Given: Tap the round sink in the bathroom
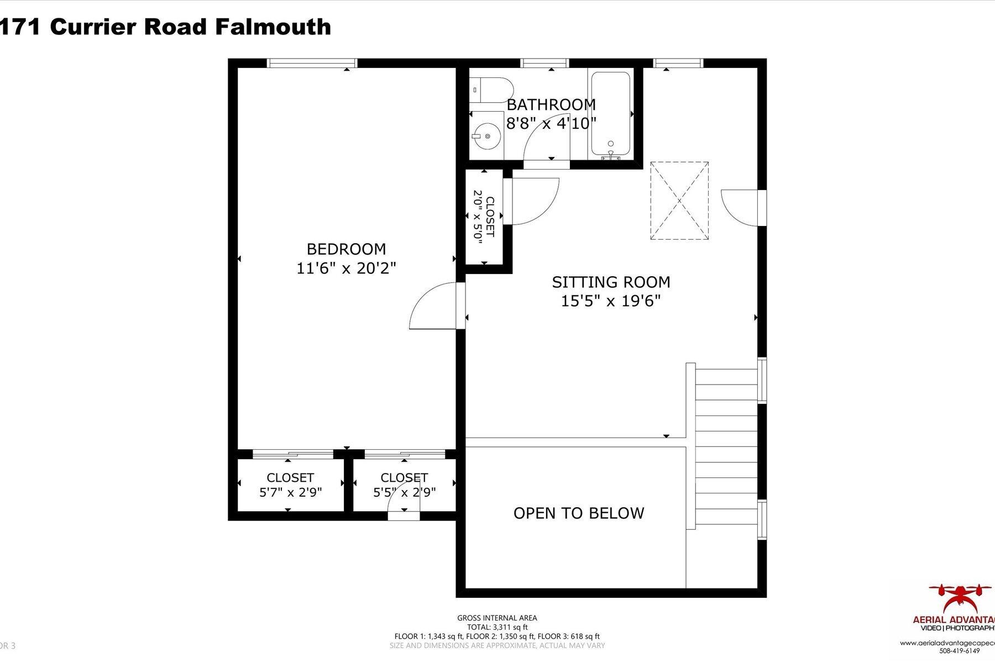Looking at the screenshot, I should pyautogui.click(x=486, y=134).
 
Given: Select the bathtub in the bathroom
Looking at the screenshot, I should pyautogui.click(x=610, y=113).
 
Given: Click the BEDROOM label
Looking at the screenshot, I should pyautogui.click(x=346, y=249).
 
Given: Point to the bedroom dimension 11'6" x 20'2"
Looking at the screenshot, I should pyautogui.click(x=346, y=269).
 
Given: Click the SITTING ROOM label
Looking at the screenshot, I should pyautogui.click(x=611, y=282).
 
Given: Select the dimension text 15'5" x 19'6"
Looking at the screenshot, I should pyautogui.click(x=611, y=301).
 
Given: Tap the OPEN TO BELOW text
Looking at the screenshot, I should pyautogui.click(x=579, y=513).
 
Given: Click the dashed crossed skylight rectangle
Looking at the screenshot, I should pyautogui.click(x=679, y=201).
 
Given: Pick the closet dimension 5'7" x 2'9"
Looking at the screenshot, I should pyautogui.click(x=290, y=492).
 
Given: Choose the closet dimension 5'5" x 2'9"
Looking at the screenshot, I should pyautogui.click(x=404, y=492).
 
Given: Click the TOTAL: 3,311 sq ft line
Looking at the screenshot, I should pyautogui.click(x=497, y=627).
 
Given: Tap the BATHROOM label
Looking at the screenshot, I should pyautogui.click(x=551, y=104).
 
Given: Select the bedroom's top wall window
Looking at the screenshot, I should pyautogui.click(x=312, y=63).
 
